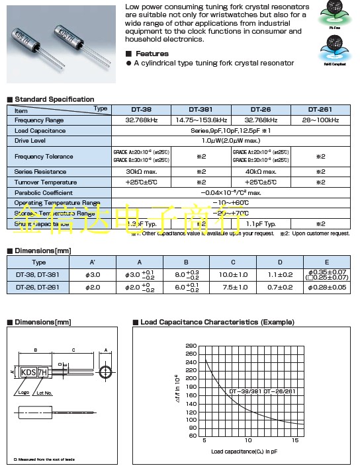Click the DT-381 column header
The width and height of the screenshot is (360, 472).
click(201, 109)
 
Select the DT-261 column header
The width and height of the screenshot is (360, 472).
click(324, 109)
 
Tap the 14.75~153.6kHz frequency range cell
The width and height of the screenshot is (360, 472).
click(201, 120)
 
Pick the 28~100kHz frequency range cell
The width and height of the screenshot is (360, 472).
click(324, 120)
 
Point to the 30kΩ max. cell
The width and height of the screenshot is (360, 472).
click(140, 171)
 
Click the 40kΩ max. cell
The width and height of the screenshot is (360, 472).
click(263, 171)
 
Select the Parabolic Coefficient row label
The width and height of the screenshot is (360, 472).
click(43, 192)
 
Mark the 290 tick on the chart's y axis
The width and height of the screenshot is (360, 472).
click(191, 346)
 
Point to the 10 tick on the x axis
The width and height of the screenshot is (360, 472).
click(248, 440)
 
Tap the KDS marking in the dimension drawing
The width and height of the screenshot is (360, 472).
click(29, 372)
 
